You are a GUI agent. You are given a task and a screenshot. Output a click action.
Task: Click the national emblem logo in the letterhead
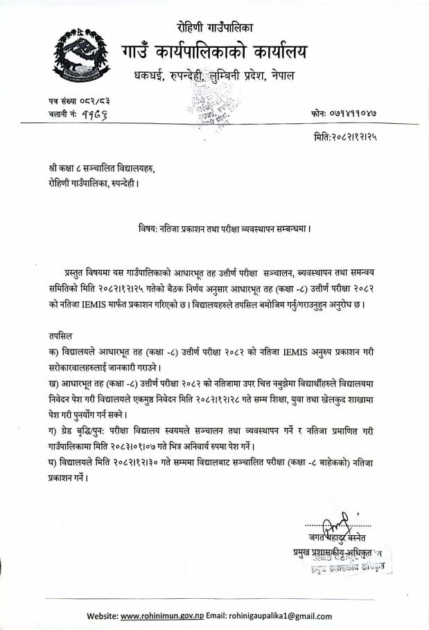82,55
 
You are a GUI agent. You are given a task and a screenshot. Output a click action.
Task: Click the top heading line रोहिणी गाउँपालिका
214,28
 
